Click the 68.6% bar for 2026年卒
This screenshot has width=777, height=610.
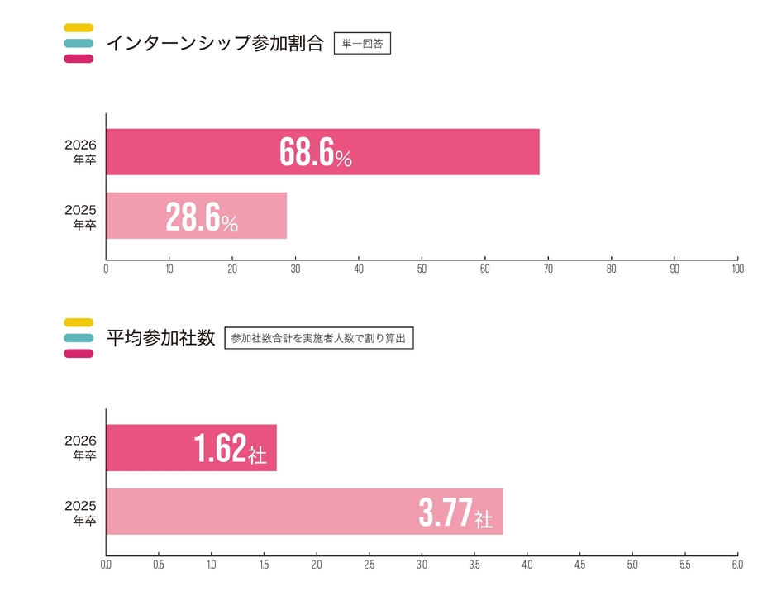(x=322, y=152)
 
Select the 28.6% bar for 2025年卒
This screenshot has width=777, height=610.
(x=197, y=216)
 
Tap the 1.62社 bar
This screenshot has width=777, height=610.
(x=191, y=448)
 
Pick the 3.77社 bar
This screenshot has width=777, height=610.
(x=304, y=512)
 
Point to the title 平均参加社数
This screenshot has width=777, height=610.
(x=160, y=338)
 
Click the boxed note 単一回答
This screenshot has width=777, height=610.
(x=362, y=43)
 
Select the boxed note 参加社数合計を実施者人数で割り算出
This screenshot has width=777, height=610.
(x=319, y=338)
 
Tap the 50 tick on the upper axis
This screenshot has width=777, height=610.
(x=422, y=268)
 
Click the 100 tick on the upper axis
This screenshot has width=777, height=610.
(x=737, y=268)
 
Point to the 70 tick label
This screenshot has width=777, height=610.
(x=548, y=268)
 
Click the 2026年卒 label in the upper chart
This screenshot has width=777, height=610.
(x=80, y=152)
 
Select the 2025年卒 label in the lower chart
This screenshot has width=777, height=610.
(x=80, y=512)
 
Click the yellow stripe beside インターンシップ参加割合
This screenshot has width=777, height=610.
(x=78, y=27)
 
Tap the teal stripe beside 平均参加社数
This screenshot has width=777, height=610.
(x=78, y=338)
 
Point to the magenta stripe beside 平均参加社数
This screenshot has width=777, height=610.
(x=78, y=354)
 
